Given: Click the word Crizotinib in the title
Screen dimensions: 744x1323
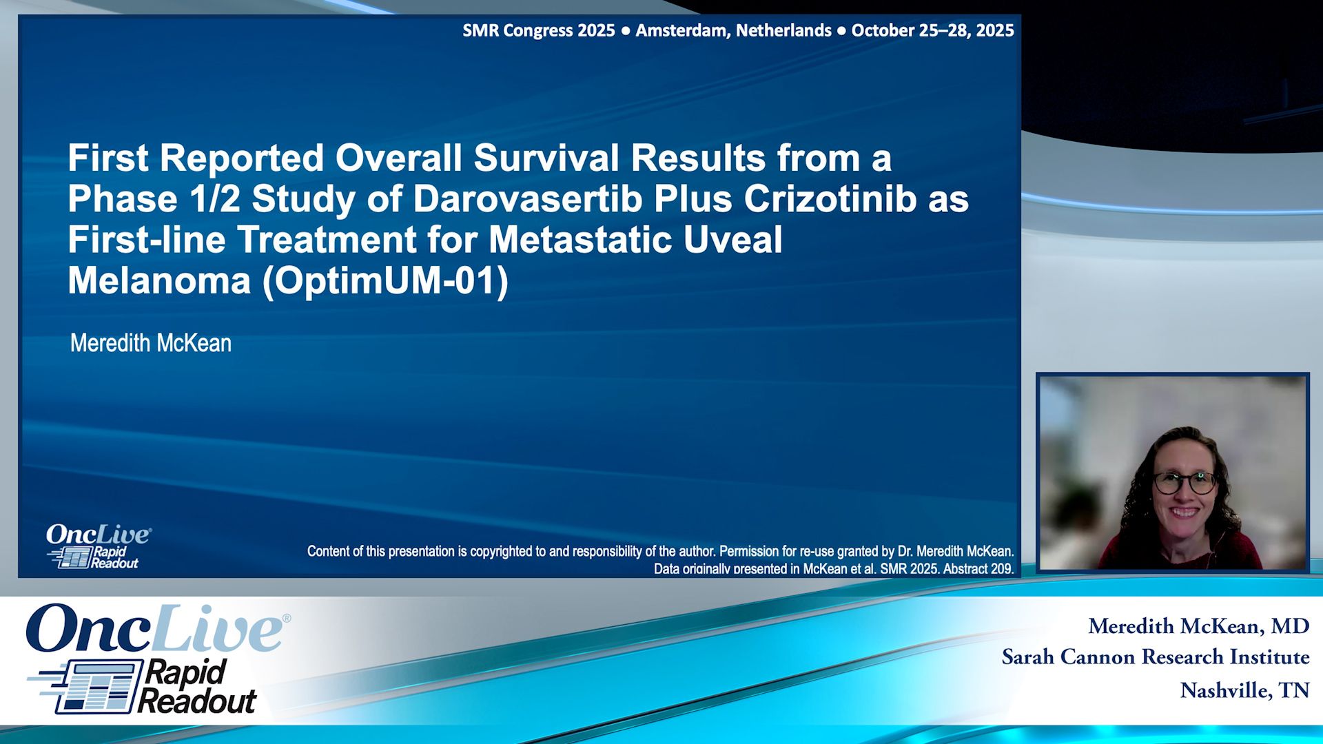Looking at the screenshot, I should pos(830,199).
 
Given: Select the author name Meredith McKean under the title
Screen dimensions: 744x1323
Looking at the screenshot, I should pos(151,343).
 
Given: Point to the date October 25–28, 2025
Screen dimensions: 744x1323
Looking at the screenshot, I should pos(932,30).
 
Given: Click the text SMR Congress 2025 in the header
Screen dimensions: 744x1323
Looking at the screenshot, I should pos(538,30).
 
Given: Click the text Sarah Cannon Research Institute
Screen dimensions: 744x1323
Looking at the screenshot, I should pos(1156,657).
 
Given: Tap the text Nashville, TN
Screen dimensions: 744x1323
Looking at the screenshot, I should pos(1244,690).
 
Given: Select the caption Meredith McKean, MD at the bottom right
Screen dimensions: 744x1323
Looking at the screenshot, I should pos(1198,626).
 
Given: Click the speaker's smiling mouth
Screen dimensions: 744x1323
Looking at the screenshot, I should pos(1185,513).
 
